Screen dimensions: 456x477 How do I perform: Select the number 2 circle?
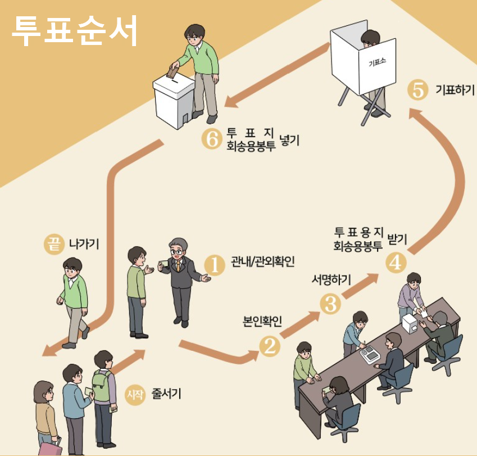pos(270,347)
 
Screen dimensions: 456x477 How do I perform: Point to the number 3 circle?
pos(330,304)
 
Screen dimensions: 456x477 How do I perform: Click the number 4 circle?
pos(396,263)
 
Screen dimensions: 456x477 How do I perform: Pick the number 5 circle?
pos(417,91)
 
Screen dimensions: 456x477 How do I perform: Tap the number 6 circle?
pos(212,139)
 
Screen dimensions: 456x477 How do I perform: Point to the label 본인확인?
pos(262,321)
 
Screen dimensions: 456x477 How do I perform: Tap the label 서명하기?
pos(331,279)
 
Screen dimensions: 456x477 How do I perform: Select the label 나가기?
pos(84,244)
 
